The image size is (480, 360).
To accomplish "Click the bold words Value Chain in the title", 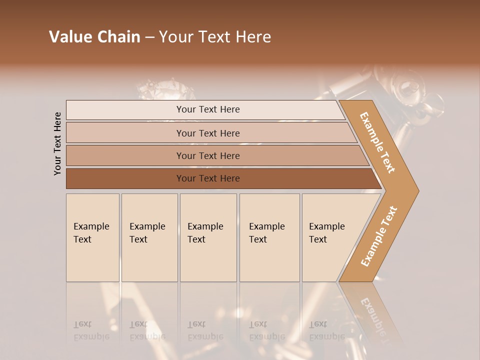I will [x=94, y=37].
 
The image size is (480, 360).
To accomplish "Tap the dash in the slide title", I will [x=149, y=37].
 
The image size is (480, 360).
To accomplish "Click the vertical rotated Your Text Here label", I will [x=57, y=143].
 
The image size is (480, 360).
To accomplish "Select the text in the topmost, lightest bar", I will [x=208, y=109].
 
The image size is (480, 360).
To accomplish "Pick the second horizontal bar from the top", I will [x=208, y=133].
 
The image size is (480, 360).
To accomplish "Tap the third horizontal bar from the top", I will [x=208, y=155].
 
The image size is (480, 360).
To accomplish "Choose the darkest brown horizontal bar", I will [x=208, y=178].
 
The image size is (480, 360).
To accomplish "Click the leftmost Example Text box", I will [x=92, y=237].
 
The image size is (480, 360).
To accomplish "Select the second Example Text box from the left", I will [x=149, y=237].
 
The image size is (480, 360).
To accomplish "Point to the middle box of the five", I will [x=207, y=237].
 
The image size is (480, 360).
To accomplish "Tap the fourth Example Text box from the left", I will [x=269, y=237].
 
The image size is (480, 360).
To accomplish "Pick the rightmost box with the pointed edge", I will [x=330, y=237].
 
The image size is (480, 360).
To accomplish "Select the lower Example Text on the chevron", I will [x=379, y=236].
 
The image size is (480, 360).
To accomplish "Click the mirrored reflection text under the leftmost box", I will [x=91, y=330].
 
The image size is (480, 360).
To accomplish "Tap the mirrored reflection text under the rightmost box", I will [x=327, y=330].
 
